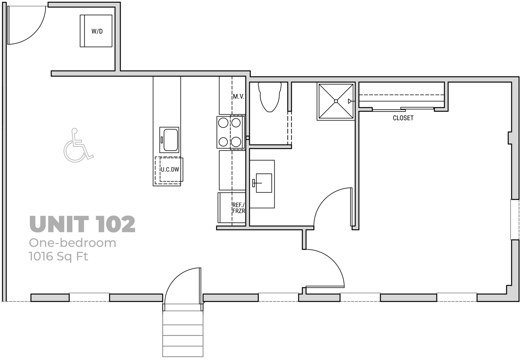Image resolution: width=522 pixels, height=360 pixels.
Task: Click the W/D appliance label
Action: click(97, 31)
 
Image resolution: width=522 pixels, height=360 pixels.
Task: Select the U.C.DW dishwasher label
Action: click(170, 170)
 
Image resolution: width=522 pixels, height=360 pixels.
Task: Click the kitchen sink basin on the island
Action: click(171, 140)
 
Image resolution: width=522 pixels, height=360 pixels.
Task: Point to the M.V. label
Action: click(238, 96)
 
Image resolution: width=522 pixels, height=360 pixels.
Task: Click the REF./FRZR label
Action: click(238, 208)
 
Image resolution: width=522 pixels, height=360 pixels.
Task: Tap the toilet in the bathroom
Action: click(270, 97)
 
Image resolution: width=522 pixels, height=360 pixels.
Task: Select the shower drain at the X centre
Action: click(336, 101)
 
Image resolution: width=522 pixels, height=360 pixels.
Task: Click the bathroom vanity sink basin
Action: click(264, 183)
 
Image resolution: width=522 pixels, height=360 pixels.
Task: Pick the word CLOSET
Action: click(403, 118)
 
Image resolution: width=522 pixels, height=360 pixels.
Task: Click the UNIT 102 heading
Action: click(82, 224)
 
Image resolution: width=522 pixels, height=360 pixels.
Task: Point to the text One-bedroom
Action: click(72, 243)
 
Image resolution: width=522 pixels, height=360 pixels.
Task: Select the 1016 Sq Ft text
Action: click(58, 257)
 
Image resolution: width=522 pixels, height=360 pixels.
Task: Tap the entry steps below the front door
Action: click(183, 334)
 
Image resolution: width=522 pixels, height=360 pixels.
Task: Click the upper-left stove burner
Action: click(223, 123)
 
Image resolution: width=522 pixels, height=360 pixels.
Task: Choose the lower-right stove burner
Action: click(236, 142)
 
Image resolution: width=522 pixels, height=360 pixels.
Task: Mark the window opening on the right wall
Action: click(515, 219)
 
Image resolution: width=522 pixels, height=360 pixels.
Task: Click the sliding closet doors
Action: click(403, 109)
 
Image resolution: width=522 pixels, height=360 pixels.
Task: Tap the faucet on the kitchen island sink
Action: click(162, 140)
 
